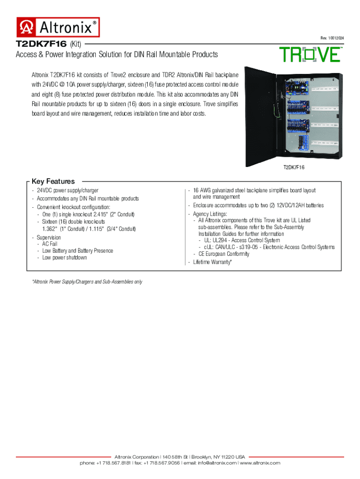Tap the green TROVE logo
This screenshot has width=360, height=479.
pyautogui.click(x=310, y=55)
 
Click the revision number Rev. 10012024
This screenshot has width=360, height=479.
pyautogui.click(x=332, y=37)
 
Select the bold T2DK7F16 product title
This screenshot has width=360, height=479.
pyautogui.click(x=41, y=44)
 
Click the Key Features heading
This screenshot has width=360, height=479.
pyautogui.click(x=53, y=181)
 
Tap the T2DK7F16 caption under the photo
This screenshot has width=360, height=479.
pyautogui.click(x=294, y=167)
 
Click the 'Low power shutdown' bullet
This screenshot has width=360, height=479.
pyautogui.click(x=65, y=258)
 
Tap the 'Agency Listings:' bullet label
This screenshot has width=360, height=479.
pyautogui.click(x=210, y=214)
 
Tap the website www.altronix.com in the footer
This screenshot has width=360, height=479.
pyautogui.click(x=260, y=463)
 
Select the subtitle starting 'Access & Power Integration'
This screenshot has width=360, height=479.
pyautogui.click(x=117, y=55)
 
